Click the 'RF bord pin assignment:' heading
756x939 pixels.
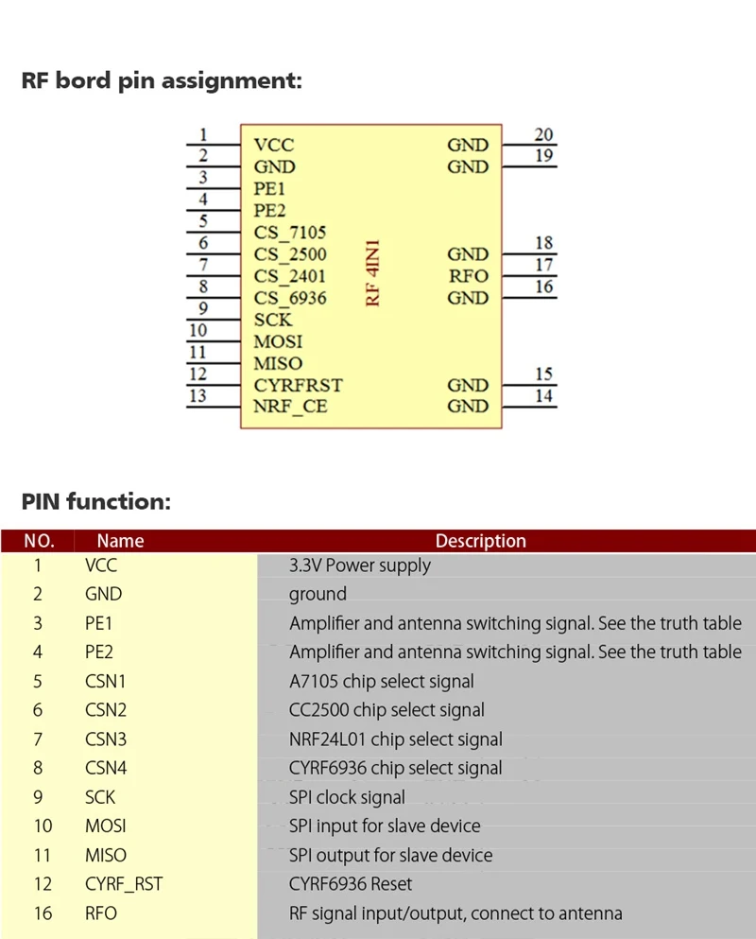click(162, 80)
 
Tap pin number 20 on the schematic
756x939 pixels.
click(543, 135)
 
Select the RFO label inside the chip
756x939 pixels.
click(468, 276)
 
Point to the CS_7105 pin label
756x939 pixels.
click(290, 232)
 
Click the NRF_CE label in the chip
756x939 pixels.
click(291, 407)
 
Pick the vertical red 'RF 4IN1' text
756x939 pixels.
click(373, 274)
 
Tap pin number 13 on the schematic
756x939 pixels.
click(198, 396)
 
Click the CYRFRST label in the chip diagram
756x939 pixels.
click(298, 385)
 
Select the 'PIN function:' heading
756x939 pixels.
click(95, 502)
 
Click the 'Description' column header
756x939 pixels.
click(480, 541)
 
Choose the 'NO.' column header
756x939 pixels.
click(39, 541)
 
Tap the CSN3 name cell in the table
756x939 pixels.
click(105, 739)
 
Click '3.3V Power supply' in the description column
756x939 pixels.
click(359, 565)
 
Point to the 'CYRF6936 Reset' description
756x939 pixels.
click(351, 884)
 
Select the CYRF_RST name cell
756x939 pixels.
click(123, 884)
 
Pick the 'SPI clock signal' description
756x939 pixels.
click(347, 797)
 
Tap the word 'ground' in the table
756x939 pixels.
click(318, 594)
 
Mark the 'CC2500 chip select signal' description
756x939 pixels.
click(387, 710)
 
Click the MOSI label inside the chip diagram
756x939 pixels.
click(278, 341)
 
